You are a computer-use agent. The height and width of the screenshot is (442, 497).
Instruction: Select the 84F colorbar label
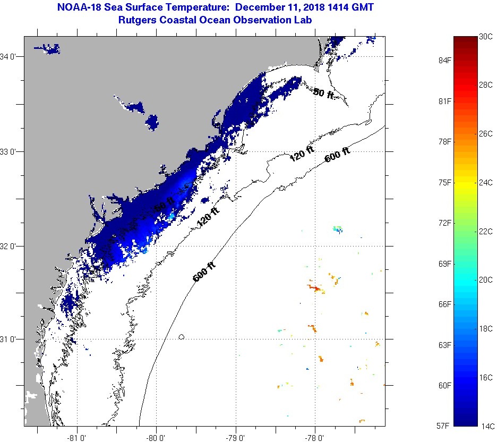440,61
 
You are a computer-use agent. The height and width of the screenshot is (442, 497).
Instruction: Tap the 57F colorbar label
440,426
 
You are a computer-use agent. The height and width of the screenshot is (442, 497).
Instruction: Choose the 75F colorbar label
440,182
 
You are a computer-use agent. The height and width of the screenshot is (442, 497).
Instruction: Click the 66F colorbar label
440,304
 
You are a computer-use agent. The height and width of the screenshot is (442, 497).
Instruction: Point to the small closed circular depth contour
182,336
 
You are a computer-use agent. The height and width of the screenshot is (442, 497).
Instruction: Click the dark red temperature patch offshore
316,288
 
